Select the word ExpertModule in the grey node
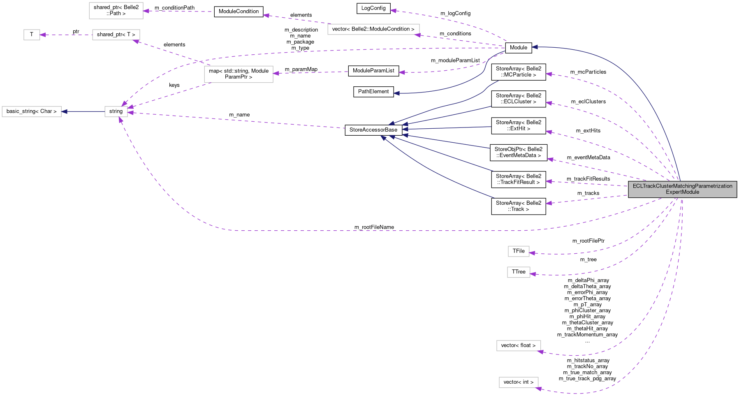682,192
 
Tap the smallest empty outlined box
32,35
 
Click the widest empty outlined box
373,29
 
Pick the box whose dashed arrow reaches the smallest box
116,35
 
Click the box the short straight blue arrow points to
32,111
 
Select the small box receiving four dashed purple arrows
116,111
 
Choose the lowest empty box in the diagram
519,382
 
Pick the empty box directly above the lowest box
519,346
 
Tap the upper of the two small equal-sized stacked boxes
519,251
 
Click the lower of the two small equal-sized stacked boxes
519,272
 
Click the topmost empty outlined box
116,11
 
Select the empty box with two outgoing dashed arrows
239,74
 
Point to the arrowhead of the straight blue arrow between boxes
64,111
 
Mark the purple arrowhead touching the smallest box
43,35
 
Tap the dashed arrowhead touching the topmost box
146,11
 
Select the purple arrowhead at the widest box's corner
417,35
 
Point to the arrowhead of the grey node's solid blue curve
534,47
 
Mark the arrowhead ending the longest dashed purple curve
120,120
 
